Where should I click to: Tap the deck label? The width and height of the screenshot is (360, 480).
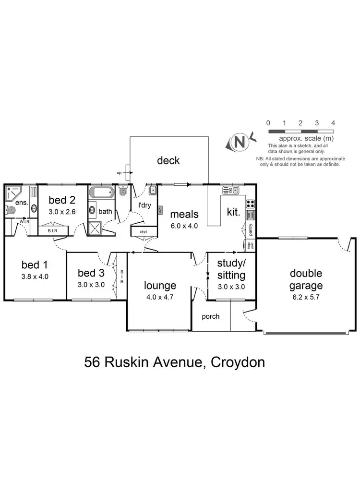click(x=168, y=160)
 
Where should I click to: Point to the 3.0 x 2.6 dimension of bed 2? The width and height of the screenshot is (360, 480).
click(x=62, y=211)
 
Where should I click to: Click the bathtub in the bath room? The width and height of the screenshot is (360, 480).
click(x=101, y=194)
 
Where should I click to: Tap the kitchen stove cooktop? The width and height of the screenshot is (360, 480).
click(x=250, y=202)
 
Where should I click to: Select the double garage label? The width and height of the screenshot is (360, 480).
click(x=306, y=279)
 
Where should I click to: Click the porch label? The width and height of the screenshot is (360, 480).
click(x=211, y=316)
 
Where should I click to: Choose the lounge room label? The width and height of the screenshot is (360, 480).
click(x=160, y=286)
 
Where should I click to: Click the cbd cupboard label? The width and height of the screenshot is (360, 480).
click(x=143, y=232)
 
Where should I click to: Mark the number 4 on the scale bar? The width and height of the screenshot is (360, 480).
click(x=333, y=123)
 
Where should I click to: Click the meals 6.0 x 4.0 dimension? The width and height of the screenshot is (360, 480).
click(x=184, y=225)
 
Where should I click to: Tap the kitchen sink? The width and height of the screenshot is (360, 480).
click(x=231, y=191)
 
